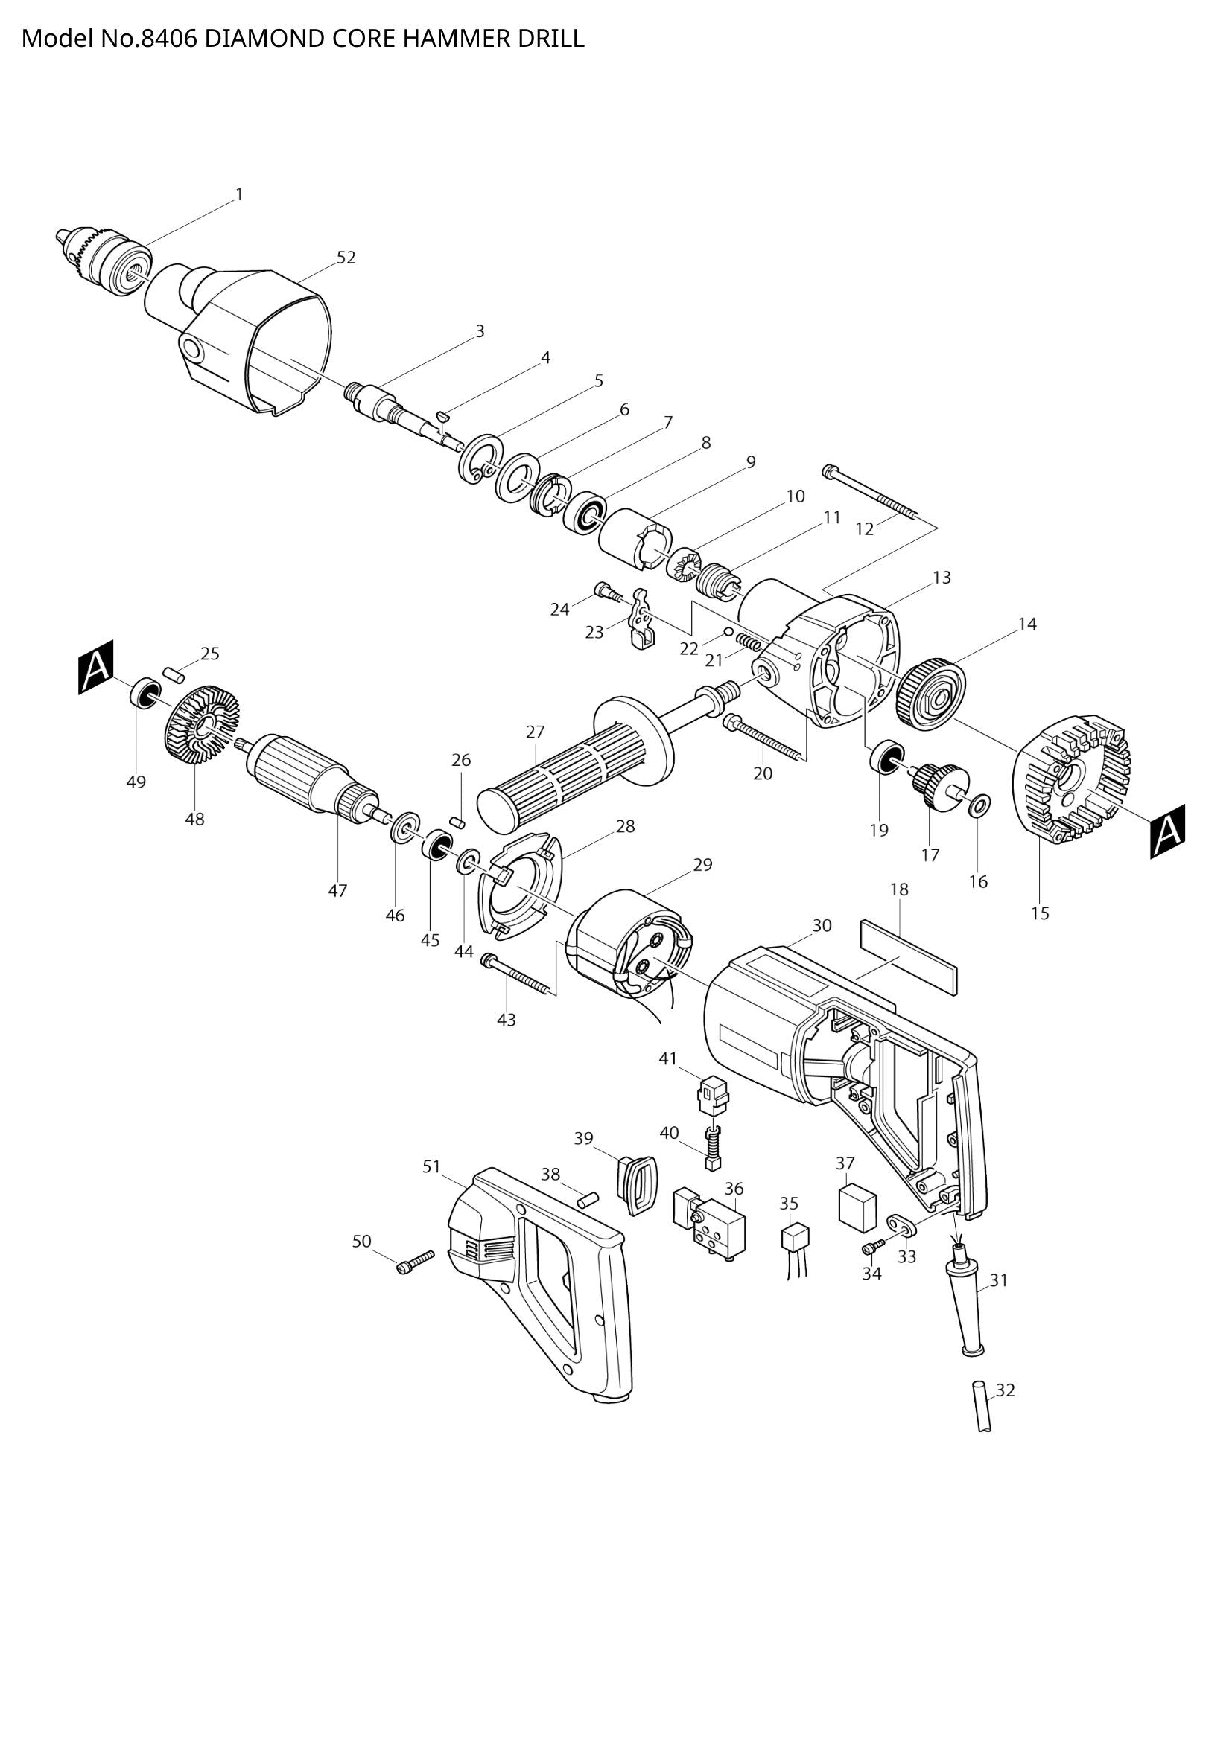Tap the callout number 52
pos(346,258)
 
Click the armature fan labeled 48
pos(201,724)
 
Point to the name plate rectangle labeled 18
pos(909,957)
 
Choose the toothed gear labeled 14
pos(930,694)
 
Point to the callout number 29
pos(702,864)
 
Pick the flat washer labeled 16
pos(979,803)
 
